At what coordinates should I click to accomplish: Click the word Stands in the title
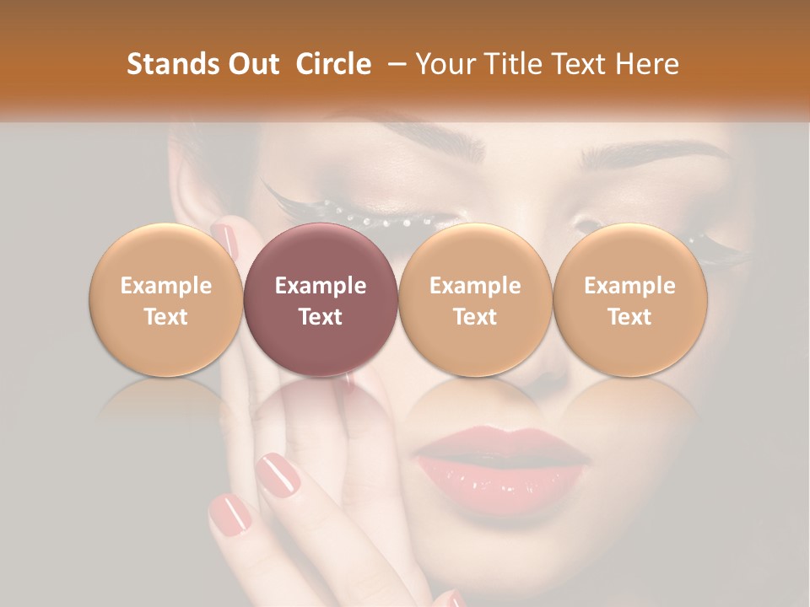click(171, 64)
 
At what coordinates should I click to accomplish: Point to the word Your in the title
click(444, 64)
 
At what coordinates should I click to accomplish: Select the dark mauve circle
click(321, 300)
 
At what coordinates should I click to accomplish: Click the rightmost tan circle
click(629, 300)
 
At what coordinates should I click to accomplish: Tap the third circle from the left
click(475, 300)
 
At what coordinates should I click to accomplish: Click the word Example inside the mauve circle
click(321, 286)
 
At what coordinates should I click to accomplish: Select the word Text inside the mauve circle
click(321, 316)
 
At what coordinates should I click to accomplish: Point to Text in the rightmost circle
click(629, 316)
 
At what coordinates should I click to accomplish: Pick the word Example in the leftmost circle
click(166, 286)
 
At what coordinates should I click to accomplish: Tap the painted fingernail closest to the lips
click(278, 475)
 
